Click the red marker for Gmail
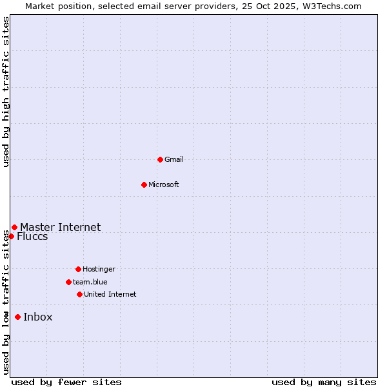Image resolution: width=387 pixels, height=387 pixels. pos(160,159)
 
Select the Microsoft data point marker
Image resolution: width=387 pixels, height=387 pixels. pos(144,184)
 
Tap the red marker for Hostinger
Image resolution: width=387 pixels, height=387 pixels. pos(78,269)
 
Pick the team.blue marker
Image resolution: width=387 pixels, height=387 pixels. pos(68,282)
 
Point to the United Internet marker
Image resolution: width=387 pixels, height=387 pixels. pos(79,294)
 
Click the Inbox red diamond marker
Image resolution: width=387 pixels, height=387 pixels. pos(17,317)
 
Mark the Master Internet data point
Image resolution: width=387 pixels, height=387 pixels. pos(14,227)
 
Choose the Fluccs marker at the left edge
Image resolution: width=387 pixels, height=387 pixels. pos(11,236)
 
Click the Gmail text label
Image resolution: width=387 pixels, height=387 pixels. pos(174,159)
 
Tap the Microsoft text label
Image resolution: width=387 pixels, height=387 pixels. pos(164,184)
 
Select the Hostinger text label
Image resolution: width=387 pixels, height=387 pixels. pos(99,269)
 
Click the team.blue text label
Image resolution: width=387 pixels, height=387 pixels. pos(90,282)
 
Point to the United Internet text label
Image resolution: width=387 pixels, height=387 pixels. pos(110,294)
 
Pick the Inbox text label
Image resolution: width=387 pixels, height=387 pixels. pos(38,317)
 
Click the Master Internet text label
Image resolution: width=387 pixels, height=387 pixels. pos(61,227)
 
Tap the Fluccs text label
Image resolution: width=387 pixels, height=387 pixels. pos(32,236)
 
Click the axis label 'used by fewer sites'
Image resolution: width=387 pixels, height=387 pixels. pos(66,382)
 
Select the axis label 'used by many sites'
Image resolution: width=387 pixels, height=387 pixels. pos(324,382)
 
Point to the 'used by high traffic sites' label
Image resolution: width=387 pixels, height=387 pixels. pos(6,92)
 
